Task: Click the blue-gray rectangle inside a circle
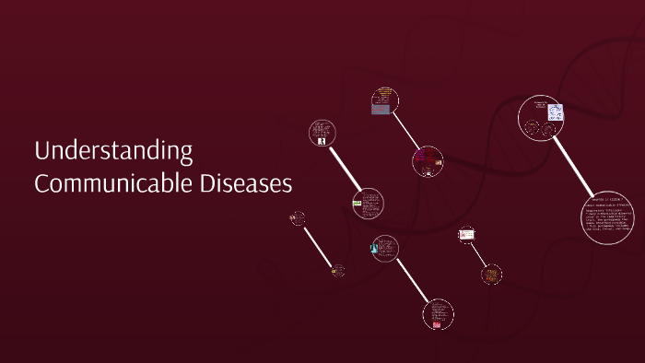[x=381, y=109]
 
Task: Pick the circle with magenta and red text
[x=428, y=160]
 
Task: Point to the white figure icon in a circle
[x=322, y=141]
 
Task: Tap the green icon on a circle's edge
[x=357, y=203]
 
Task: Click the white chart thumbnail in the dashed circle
[x=466, y=235]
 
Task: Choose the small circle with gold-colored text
[x=491, y=274]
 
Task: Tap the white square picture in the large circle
[x=556, y=112]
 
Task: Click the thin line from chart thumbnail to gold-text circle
[x=479, y=254]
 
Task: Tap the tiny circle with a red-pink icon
[x=298, y=218]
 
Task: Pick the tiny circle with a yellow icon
[x=338, y=271]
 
